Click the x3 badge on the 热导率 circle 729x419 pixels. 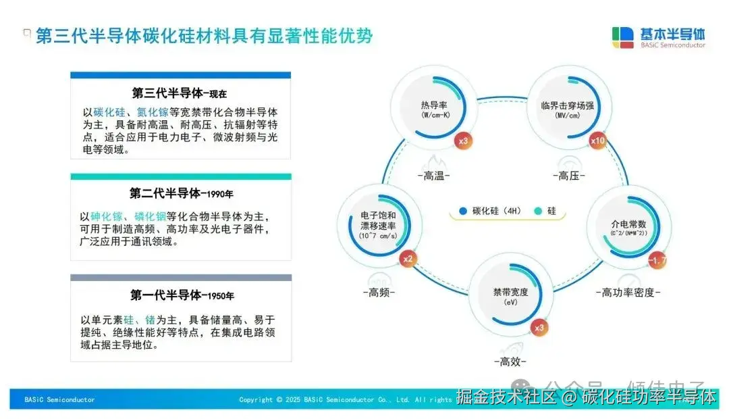tap(463, 141)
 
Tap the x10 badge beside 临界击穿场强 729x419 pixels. tap(598, 141)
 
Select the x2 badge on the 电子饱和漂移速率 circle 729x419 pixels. tap(408, 258)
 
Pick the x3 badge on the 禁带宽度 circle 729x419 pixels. tap(539, 328)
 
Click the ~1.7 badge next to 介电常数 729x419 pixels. tap(657, 260)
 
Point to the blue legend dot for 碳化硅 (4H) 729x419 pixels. tap(463, 211)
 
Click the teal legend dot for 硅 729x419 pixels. tap(537, 211)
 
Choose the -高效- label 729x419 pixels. tap(511, 361)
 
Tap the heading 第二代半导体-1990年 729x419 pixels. tap(181, 193)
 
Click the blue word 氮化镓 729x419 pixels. tap(153, 112)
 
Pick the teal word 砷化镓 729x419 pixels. tap(107, 216)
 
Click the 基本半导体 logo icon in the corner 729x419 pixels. tap(622, 37)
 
